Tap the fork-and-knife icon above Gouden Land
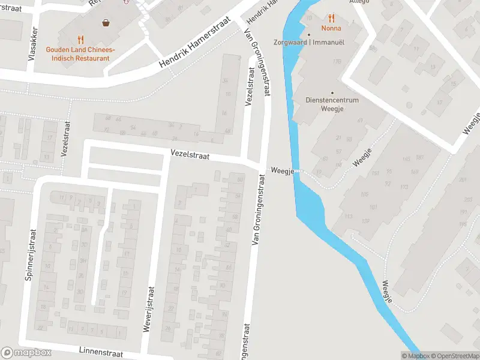(x=80, y=40)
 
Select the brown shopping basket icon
(x=106, y=23)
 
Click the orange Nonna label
(x=331, y=28)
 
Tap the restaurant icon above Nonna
(x=331, y=18)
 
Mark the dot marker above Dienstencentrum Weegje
(x=332, y=92)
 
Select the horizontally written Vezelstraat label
(x=190, y=155)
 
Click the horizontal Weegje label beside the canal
(x=281, y=171)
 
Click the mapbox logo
(x=25, y=352)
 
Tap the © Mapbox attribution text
(x=415, y=356)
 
